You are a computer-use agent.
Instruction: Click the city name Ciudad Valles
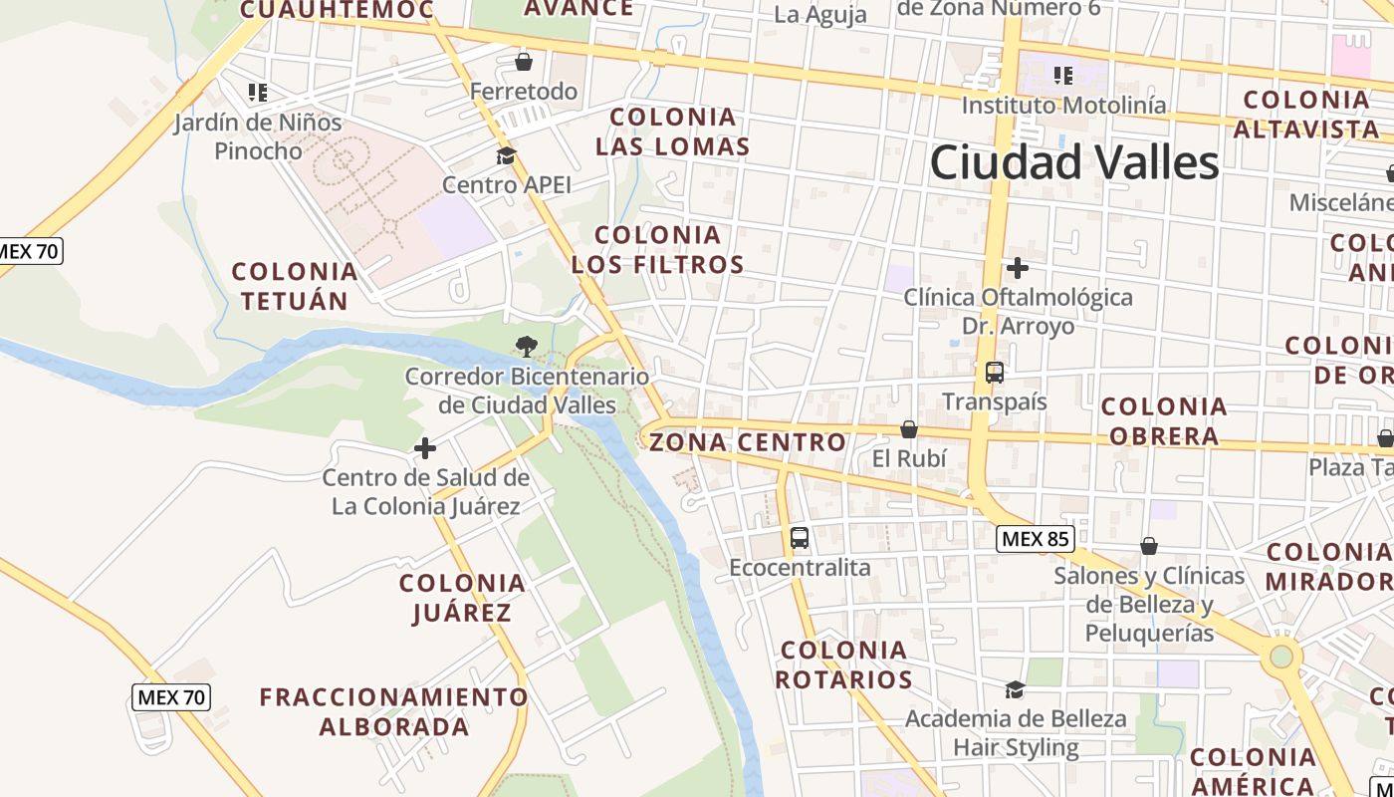click(x=1074, y=162)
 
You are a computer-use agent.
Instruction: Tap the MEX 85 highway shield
click(x=1036, y=539)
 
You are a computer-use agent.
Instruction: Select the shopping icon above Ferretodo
click(x=524, y=62)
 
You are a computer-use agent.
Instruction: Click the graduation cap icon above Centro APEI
click(x=506, y=156)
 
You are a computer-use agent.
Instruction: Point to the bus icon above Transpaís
click(x=994, y=373)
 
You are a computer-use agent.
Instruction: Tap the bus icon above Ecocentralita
click(x=799, y=538)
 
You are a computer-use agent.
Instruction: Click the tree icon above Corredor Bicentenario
click(x=526, y=347)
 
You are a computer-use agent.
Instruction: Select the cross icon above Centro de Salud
click(x=425, y=448)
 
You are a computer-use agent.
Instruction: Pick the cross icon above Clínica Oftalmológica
click(x=1017, y=268)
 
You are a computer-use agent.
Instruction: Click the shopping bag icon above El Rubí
click(x=908, y=429)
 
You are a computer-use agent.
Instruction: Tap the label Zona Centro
click(x=748, y=441)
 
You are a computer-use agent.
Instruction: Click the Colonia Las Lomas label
click(x=672, y=132)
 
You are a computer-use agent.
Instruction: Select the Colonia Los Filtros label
click(x=657, y=249)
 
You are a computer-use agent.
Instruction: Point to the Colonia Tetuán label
click(x=294, y=286)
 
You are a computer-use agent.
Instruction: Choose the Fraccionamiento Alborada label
click(x=393, y=711)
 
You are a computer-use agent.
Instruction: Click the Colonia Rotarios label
click(x=843, y=664)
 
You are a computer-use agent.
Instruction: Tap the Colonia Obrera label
click(x=1164, y=420)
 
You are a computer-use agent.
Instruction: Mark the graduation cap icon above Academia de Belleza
click(x=1015, y=689)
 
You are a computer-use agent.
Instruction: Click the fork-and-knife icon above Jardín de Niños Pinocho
click(x=258, y=93)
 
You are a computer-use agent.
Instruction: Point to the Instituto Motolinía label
click(x=1063, y=105)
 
